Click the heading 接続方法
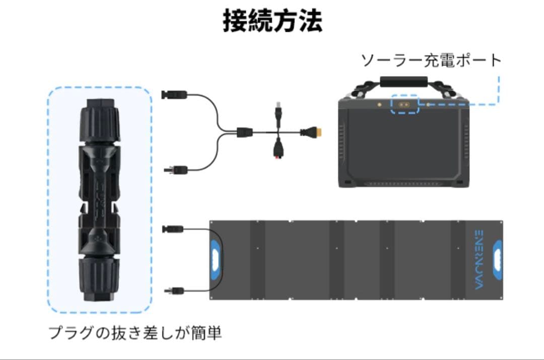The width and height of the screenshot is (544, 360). (273, 21)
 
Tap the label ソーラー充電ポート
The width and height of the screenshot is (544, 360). (431, 60)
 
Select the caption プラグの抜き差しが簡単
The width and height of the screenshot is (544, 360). (135, 333)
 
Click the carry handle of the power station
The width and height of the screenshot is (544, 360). (403, 81)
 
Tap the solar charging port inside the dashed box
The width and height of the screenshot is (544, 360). (404, 105)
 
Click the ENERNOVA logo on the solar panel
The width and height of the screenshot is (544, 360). (479, 259)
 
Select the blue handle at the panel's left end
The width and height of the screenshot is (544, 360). (215, 260)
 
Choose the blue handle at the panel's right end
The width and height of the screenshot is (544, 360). (497, 260)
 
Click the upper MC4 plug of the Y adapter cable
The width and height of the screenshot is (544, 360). (174, 94)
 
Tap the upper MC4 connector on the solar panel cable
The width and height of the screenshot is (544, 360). (173, 230)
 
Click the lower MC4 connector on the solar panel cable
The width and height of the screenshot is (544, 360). (173, 290)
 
